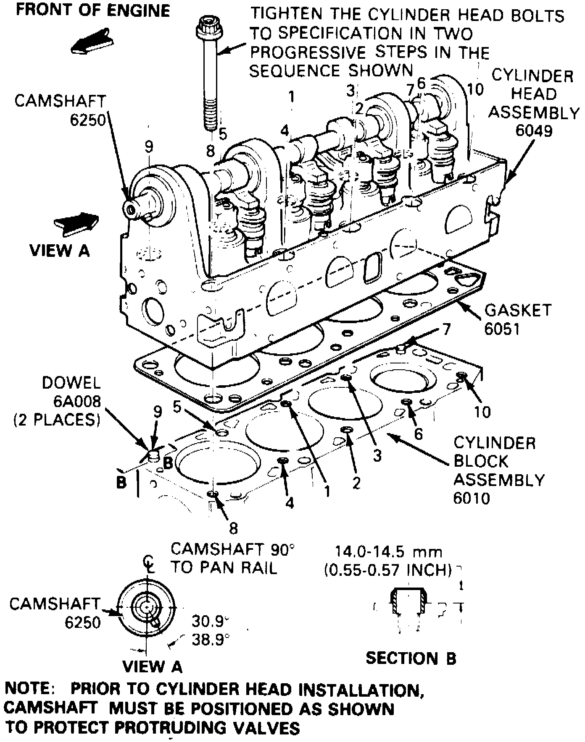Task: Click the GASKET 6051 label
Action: point(517,319)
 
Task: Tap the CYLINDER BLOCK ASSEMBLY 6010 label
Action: point(498,470)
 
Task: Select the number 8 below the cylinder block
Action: point(233,528)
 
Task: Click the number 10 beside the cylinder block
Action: point(482,412)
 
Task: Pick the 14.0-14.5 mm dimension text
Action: point(388,551)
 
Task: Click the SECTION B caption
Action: point(411,658)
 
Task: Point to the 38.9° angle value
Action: point(210,640)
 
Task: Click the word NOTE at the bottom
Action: point(29,689)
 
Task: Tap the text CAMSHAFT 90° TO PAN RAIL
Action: point(232,558)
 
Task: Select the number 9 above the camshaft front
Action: point(149,147)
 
